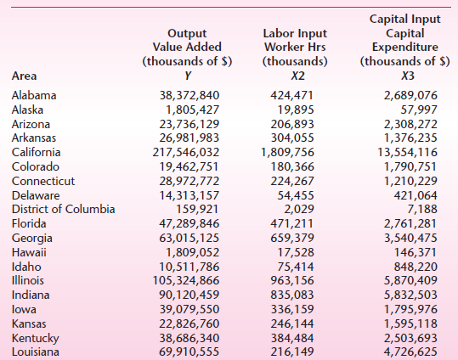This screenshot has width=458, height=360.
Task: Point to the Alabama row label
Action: click(34, 95)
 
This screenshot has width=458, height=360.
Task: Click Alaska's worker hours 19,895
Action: click(295, 110)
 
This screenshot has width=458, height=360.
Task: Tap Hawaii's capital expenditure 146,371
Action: click(410, 253)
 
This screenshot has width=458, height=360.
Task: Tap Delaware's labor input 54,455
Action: click(295, 195)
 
